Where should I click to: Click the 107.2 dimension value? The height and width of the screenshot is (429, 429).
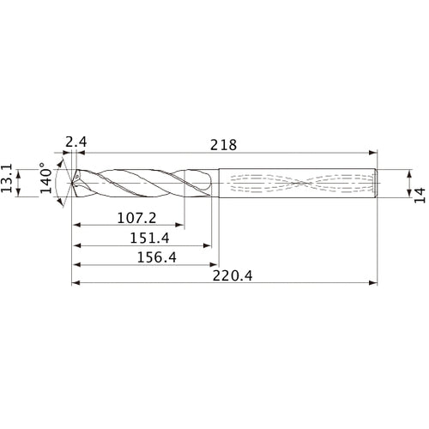(137, 218)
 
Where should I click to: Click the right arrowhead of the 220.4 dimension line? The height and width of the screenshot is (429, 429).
(374, 282)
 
